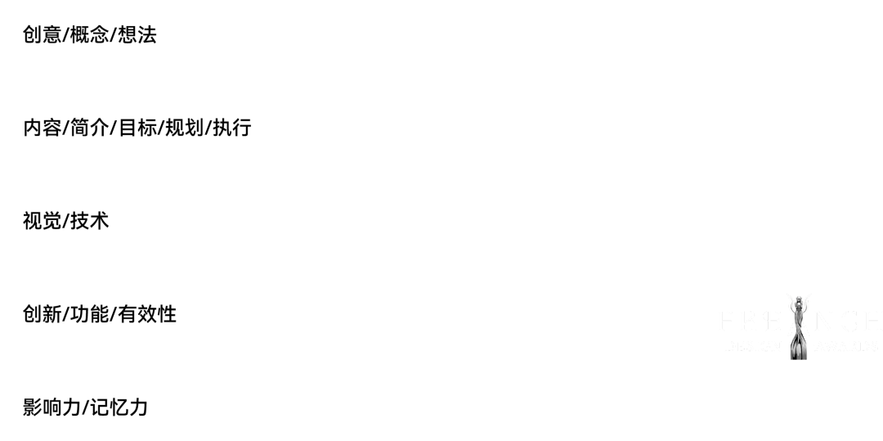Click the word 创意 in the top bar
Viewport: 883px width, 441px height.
43,35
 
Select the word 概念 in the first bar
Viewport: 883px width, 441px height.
90,35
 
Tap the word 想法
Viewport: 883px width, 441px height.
137,35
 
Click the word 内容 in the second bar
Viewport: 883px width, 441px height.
43,128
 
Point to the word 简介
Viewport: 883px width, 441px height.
90,128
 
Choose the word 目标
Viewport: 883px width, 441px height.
137,128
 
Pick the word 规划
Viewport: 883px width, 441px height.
185,128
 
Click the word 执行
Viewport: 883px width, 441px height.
232,128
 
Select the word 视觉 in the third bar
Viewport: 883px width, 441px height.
43,222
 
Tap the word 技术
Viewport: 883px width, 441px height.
90,222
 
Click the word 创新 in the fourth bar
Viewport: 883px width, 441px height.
43,315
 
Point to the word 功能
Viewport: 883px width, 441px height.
90,315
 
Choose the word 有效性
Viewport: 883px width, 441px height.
147,315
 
